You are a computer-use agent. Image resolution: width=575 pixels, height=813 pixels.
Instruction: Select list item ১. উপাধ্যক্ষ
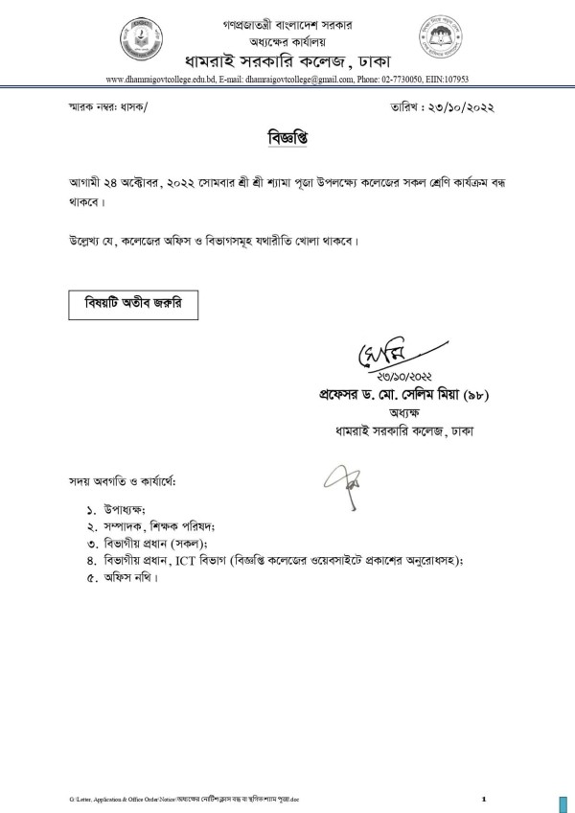(x=129, y=509)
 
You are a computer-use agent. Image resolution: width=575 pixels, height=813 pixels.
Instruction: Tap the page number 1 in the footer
(x=484, y=797)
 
